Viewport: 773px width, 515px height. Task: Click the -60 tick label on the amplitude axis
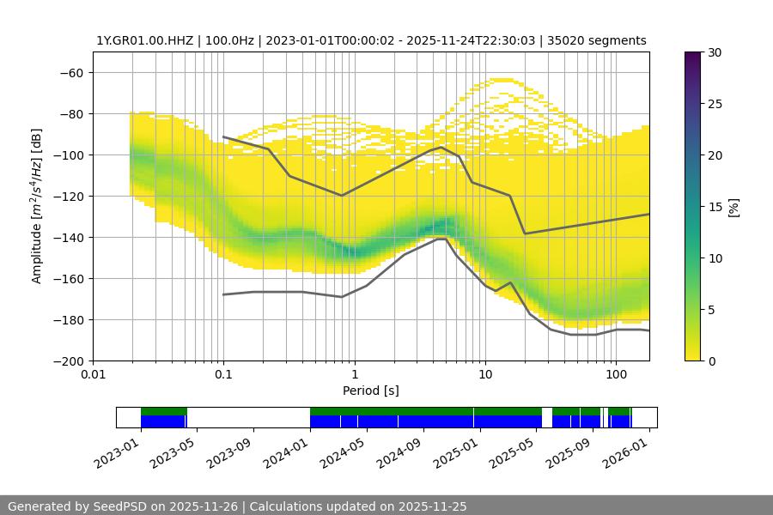coord(71,73)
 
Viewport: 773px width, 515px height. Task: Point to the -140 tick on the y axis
coord(68,238)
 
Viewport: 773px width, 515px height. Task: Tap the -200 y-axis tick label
coord(68,361)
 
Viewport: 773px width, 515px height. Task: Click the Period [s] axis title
coord(371,391)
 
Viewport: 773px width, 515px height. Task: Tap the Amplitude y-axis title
coord(37,207)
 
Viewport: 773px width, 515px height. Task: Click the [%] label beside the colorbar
coord(733,207)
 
